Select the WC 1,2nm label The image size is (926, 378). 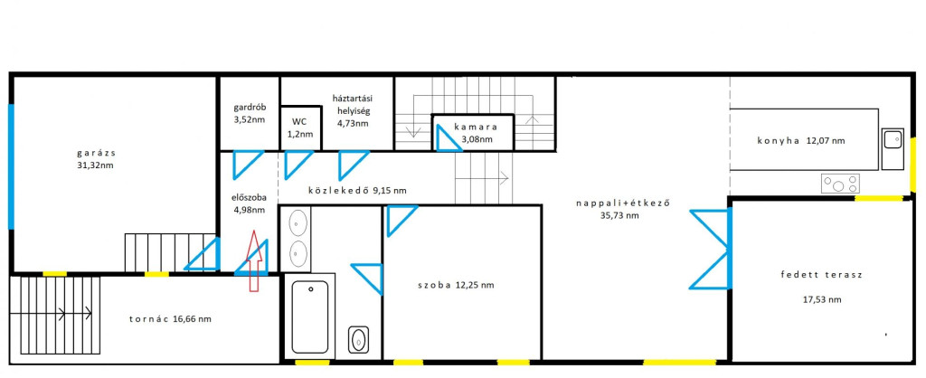point(299,128)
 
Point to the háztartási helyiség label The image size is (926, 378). point(353,111)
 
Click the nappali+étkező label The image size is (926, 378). point(625,209)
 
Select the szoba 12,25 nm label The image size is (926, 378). point(455,285)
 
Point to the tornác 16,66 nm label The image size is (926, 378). point(170,319)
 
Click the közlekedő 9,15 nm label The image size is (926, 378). point(357,190)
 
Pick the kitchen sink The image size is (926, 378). point(893,140)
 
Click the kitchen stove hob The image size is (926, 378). point(840,184)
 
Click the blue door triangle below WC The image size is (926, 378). point(298,165)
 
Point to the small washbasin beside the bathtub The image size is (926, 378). point(358,340)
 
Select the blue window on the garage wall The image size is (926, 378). point(11,166)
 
